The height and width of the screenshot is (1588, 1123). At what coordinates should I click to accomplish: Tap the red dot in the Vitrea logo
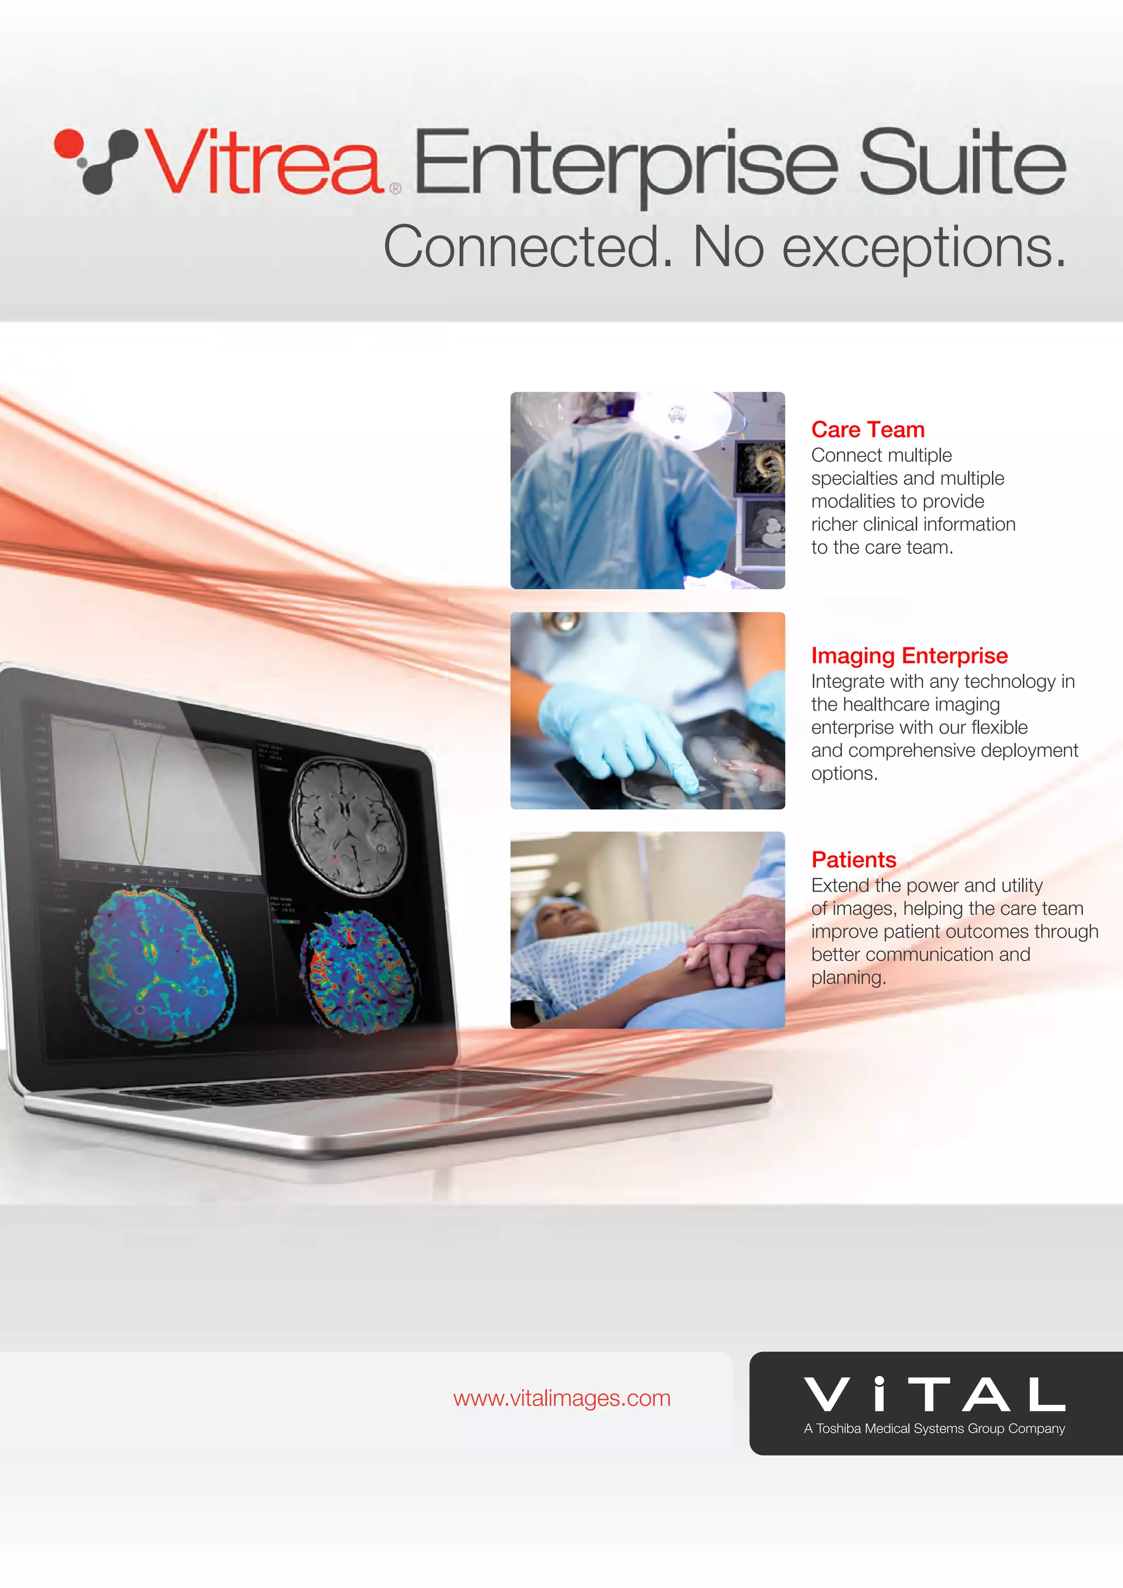(x=69, y=143)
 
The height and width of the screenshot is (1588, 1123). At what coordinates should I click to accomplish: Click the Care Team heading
(x=867, y=430)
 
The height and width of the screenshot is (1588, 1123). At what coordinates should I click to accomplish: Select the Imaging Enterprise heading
(x=909, y=656)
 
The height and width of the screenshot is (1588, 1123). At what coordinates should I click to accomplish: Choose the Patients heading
(x=854, y=860)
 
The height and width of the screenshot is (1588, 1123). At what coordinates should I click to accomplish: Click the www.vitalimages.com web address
(x=562, y=1398)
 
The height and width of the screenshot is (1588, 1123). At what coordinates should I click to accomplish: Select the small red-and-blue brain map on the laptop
(x=360, y=972)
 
